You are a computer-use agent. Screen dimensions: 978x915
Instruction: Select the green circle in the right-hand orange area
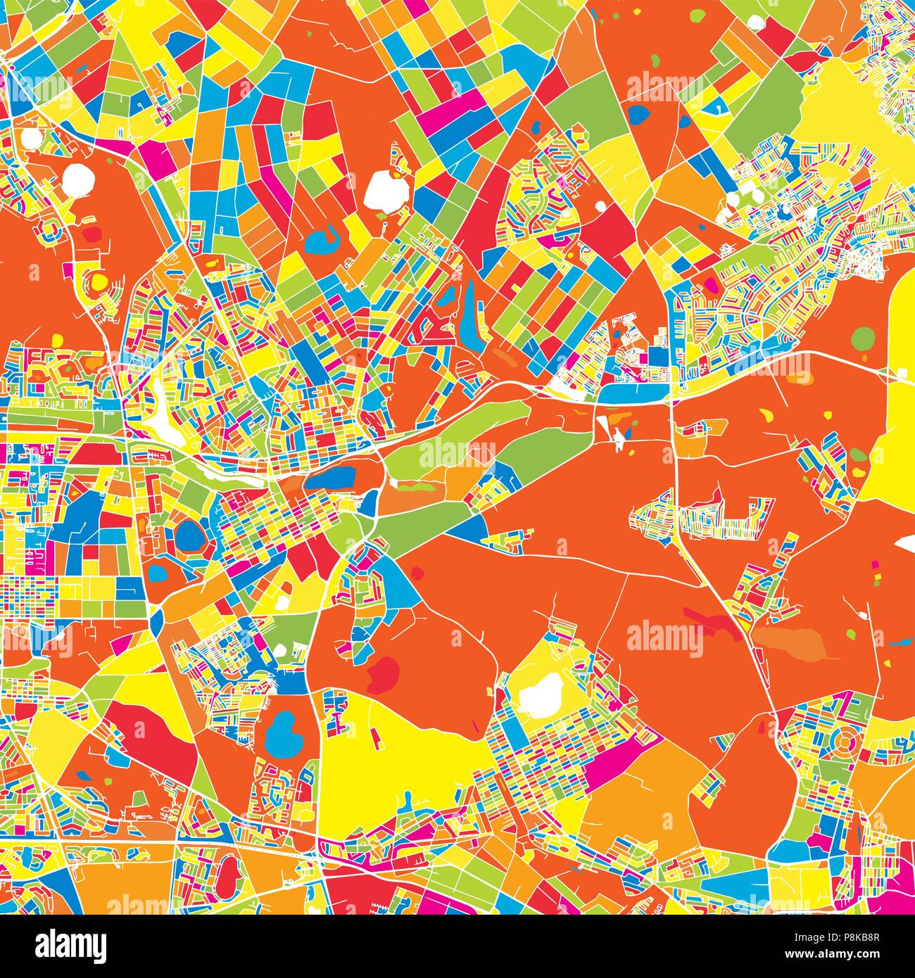862,339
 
